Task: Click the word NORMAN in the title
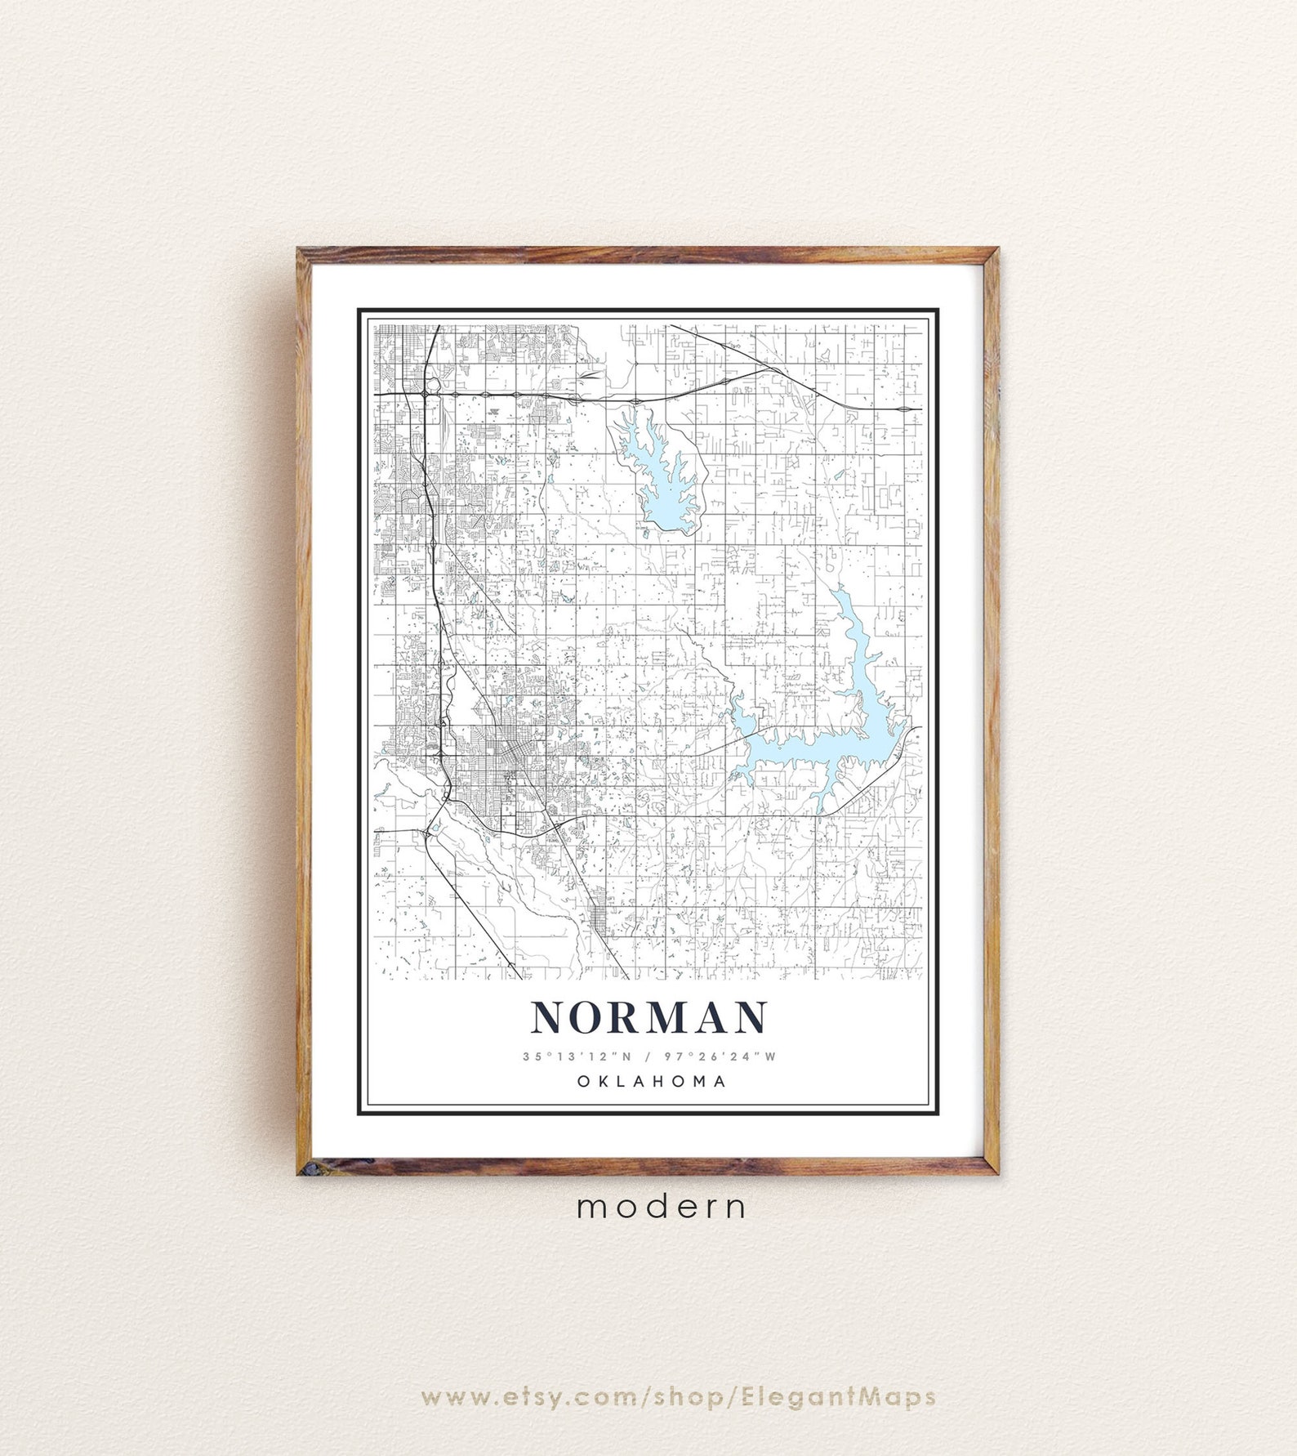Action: click(x=649, y=1018)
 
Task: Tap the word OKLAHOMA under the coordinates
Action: click(x=651, y=1081)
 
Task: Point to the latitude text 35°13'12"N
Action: click(x=577, y=1056)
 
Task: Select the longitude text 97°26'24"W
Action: click(x=720, y=1056)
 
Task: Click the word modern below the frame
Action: click(x=662, y=1207)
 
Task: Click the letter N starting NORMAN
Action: click(x=549, y=1018)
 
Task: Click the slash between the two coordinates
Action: click(x=647, y=1056)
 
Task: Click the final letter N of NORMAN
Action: click(x=749, y=1018)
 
